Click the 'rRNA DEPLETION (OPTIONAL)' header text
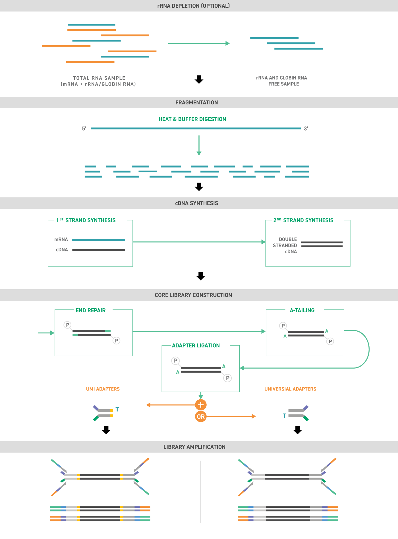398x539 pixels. pos(194,6)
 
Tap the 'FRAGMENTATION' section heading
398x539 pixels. pos(196,102)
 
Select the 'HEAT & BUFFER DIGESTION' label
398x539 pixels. pos(192,119)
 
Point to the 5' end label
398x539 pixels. pos(84,129)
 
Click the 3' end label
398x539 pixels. pos(306,129)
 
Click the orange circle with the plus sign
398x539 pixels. pos(201,405)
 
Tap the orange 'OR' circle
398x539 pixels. pos(201,417)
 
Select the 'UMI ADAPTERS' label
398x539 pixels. pos(103,389)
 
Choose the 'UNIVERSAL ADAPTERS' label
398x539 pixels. pos(290,389)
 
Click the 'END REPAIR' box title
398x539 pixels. pos(90,310)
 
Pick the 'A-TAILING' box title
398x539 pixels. pos(302,310)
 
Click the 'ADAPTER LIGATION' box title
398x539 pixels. pos(196,345)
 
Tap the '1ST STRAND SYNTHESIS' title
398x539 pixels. pos(86,220)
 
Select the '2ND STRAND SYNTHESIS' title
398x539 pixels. pos(303,220)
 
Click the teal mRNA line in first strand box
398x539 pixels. pos(99,240)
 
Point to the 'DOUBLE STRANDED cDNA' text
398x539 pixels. pos(285,245)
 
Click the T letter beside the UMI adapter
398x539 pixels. pos(117,409)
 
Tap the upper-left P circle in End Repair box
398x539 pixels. pos(67,325)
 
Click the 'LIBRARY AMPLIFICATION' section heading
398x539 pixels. pos(194,447)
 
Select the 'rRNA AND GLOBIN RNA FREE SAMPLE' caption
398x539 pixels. pos(282,81)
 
